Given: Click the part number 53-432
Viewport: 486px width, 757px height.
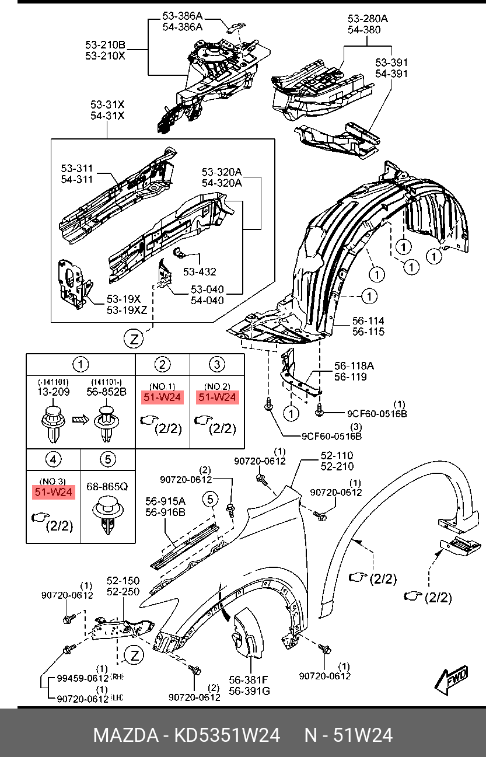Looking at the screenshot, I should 200,271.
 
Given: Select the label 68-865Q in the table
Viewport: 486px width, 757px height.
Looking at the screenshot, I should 108,485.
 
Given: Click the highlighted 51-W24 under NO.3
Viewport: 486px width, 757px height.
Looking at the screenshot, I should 53,492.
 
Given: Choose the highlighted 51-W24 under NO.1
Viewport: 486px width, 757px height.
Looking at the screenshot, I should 162,398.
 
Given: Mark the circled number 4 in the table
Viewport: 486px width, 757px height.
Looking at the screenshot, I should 53,459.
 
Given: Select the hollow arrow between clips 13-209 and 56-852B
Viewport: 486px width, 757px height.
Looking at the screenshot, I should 80,418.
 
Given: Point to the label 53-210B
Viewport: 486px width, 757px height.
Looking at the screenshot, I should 105,45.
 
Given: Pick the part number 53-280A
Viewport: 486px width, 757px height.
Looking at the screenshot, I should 368,19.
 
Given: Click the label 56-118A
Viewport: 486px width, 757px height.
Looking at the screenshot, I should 354,366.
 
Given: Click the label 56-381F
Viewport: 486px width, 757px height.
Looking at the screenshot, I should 249,680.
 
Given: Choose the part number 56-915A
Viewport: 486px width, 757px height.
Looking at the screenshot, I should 165,501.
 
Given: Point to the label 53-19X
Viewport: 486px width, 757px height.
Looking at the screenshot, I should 121,299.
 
